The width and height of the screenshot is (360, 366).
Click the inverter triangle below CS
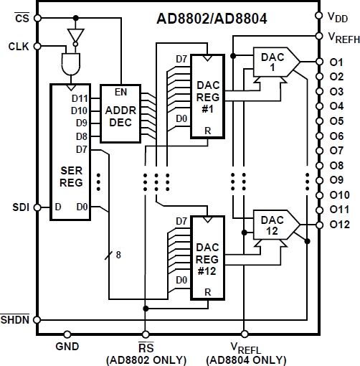(74, 35)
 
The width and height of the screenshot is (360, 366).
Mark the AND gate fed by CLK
(70, 64)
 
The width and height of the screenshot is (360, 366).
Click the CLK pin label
(18, 46)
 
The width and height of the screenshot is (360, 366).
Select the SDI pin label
(19, 208)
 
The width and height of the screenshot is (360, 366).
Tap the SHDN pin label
(15, 319)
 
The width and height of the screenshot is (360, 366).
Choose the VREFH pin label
(343, 37)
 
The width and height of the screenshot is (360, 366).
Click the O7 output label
(336, 150)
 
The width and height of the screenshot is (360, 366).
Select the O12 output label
(339, 224)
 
